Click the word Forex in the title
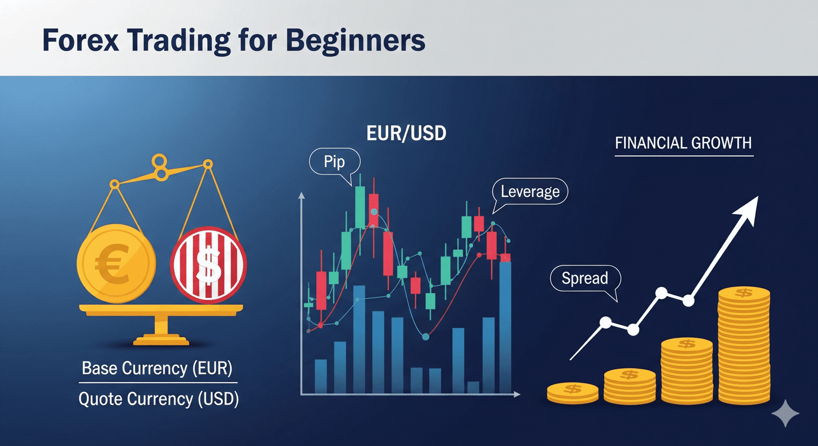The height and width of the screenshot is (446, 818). pos(80,40)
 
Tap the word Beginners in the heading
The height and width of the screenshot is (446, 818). pos(355,41)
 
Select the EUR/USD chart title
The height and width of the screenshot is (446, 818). pos(406,133)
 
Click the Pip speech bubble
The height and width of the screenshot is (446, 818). pos(334,162)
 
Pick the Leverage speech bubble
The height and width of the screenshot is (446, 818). pos(530,192)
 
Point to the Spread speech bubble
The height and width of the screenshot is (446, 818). pos(585,278)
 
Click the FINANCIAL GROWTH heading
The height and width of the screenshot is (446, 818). pos(683,143)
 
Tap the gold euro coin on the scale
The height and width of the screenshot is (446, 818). pos(116,264)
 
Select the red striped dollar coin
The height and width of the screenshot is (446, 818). pos(208,265)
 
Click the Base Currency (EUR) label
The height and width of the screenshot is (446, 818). pos(157,368)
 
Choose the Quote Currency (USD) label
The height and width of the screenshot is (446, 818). pos(158,399)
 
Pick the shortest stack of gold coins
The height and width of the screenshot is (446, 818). pos(573,393)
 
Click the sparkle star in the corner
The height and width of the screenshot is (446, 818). pos(785,413)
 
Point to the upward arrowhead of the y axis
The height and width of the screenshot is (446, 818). pos(302,196)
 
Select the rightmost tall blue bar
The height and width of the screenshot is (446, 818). pos(505,327)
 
